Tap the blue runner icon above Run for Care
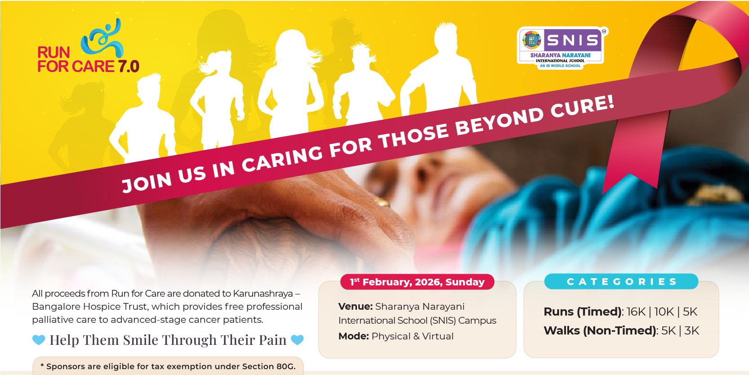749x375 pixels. point(102,38)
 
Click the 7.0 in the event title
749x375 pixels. point(128,66)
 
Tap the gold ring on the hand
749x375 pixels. point(382,202)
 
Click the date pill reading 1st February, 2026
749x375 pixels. point(417,282)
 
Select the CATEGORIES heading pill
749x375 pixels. point(621,281)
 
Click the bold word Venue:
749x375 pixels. point(355,307)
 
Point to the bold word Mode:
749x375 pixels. point(353,336)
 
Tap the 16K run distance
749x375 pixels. point(636,312)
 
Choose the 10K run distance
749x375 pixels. point(664,312)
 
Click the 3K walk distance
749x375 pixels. point(691,331)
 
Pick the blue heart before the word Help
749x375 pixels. point(39,340)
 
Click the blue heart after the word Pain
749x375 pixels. point(297,340)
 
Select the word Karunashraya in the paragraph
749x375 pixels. point(263,294)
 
